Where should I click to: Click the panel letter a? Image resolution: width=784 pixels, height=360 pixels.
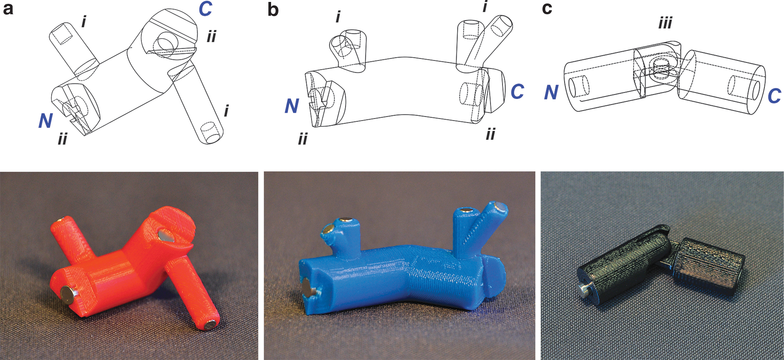tap(8, 8)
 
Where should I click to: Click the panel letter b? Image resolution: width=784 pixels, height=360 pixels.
tap(273, 9)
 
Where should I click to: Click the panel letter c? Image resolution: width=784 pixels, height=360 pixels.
tap(547, 8)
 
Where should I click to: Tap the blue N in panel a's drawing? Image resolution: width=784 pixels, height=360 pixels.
tap(45, 121)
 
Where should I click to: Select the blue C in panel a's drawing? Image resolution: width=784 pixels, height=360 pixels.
tap(206, 9)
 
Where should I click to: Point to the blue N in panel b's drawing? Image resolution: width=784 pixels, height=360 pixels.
tap(292, 106)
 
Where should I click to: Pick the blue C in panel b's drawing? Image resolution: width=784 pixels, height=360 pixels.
tap(518, 92)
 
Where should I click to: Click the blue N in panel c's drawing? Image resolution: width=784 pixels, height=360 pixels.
tap(551, 92)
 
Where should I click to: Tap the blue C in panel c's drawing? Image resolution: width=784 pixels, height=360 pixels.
tap(774, 96)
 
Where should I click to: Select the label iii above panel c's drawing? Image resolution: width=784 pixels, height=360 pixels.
tap(665, 23)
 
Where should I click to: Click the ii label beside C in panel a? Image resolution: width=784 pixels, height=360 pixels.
tap(211, 37)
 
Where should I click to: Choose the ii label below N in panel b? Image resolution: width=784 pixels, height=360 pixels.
tap(303, 139)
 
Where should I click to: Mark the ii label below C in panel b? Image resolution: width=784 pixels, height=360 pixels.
tap(490, 134)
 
